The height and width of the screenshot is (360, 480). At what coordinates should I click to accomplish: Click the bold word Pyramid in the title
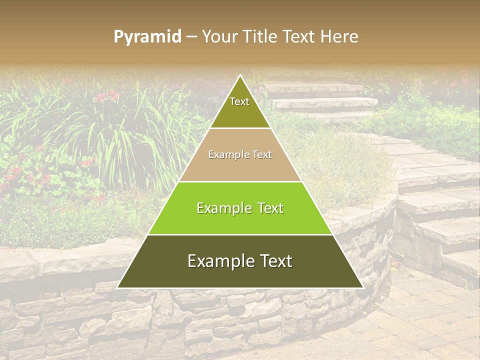[x=147, y=37]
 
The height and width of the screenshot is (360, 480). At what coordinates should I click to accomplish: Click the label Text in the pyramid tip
[x=239, y=101]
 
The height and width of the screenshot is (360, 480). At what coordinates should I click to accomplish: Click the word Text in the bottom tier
[x=275, y=261]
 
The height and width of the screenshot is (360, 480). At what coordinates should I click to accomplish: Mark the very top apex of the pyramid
[x=240, y=76]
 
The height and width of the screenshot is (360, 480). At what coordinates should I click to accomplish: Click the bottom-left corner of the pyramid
[x=118, y=287]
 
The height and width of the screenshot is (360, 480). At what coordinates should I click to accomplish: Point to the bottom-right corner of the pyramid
[x=362, y=287]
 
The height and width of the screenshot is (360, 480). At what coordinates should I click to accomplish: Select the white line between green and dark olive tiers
[x=240, y=234]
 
